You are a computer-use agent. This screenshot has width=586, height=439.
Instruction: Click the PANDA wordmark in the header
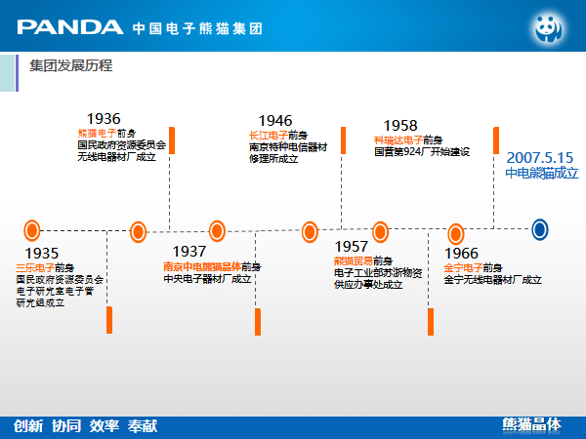tap(70, 26)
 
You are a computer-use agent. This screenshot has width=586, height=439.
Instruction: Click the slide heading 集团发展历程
tap(70, 66)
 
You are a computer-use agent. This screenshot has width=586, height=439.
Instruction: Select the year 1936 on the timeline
tap(104, 119)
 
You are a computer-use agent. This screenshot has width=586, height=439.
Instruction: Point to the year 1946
tap(275, 121)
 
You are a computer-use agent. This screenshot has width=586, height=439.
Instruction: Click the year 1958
tap(400, 126)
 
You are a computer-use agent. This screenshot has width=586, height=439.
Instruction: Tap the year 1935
tap(42, 253)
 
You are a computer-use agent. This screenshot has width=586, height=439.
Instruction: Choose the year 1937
tap(189, 252)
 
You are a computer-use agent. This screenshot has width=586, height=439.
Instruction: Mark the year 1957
tap(352, 247)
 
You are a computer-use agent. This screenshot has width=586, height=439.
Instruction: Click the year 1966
tap(461, 254)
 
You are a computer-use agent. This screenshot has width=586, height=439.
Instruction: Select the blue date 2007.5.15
tap(540, 156)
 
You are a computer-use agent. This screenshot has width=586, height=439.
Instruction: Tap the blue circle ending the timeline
tap(539, 229)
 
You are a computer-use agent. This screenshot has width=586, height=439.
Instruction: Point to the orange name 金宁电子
tap(462, 267)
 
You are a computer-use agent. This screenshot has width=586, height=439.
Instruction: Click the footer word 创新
tap(28, 425)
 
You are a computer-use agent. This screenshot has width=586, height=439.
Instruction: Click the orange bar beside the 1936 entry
tap(172, 140)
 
